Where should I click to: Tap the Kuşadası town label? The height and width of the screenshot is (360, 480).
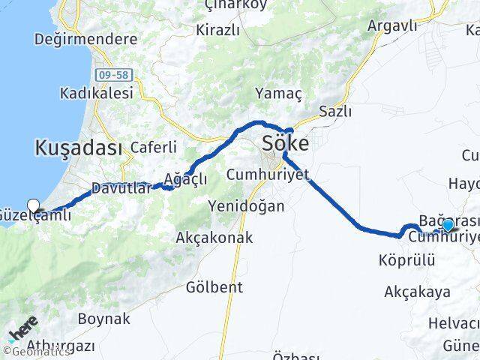click(x=78, y=148)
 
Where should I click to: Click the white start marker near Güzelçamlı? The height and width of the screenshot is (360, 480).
click(x=33, y=205)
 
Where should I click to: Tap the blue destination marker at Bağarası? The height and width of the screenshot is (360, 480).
click(x=448, y=224)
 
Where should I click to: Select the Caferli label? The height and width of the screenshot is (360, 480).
click(x=154, y=147)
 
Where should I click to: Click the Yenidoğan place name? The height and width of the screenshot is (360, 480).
click(x=247, y=205)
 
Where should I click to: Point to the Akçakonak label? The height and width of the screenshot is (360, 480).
click(x=214, y=238)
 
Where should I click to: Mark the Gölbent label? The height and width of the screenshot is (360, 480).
click(x=215, y=287)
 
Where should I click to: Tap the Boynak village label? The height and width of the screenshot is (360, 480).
click(x=103, y=319)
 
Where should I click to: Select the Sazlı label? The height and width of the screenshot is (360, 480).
click(x=334, y=112)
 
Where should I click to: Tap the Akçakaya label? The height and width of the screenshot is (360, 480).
click(x=417, y=292)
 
